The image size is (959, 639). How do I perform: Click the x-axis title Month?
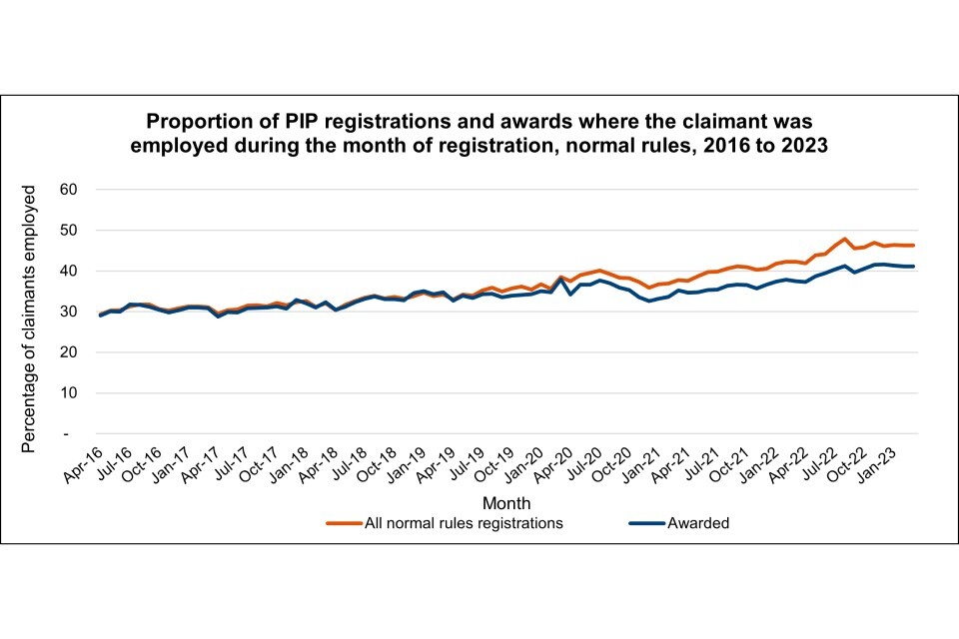tap(506, 502)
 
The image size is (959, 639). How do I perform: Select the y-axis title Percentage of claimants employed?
tap(31, 318)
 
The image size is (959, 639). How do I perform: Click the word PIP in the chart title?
tap(285, 122)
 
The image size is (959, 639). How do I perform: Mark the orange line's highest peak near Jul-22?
tap(845, 239)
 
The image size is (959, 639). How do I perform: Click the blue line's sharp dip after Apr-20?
tap(570, 295)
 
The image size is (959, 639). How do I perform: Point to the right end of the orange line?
tap(914, 246)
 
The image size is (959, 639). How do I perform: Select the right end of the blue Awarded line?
tap(914, 267)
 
